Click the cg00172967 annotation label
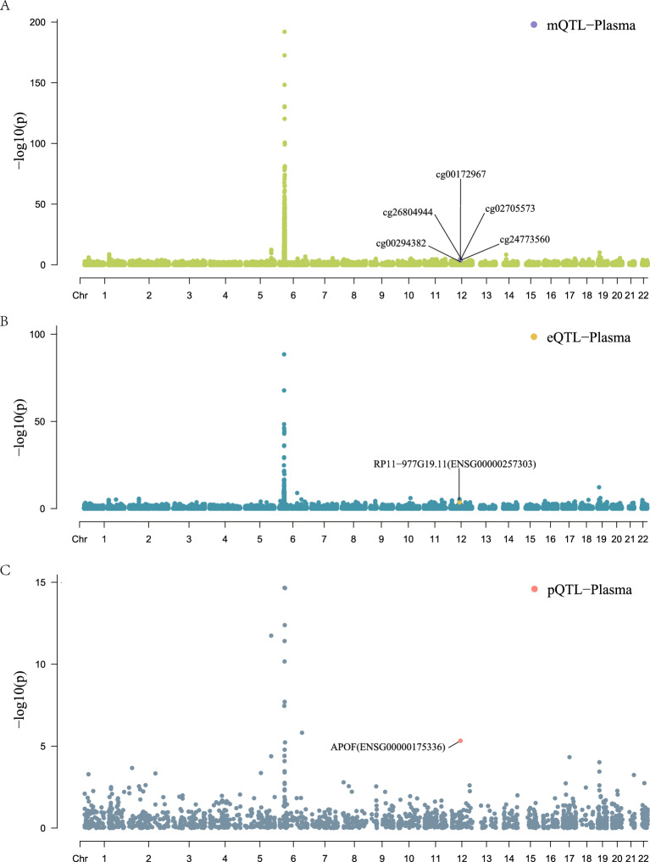click(x=460, y=175)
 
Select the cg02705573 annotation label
click(x=509, y=208)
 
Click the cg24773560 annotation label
click(x=525, y=239)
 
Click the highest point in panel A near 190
click(x=285, y=32)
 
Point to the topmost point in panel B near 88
click(x=285, y=354)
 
